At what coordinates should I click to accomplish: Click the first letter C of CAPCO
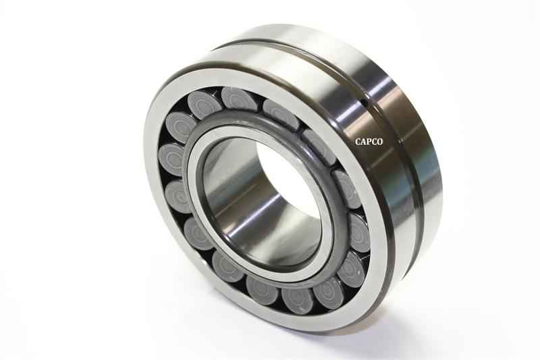click(x=358, y=142)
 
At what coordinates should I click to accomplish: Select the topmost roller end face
click(x=238, y=99)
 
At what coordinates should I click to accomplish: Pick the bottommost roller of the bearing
click(x=297, y=299)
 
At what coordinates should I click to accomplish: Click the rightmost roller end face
click(x=357, y=232)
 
